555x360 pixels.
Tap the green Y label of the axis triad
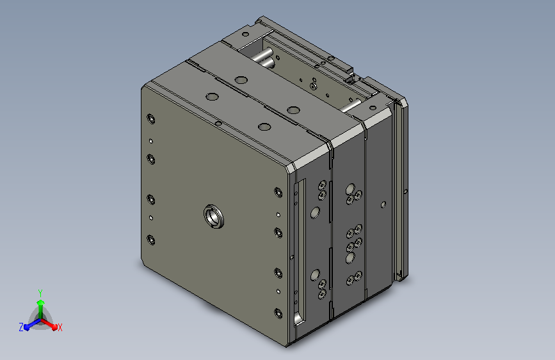point(40,293)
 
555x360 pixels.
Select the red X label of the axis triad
point(60,327)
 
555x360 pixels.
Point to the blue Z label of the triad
point(21,327)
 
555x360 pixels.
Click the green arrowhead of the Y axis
point(41,302)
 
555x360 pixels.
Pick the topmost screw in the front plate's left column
point(151,119)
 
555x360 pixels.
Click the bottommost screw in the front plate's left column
point(151,240)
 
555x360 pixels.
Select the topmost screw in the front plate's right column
point(278,192)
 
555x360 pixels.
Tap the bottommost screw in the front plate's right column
point(278,314)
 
